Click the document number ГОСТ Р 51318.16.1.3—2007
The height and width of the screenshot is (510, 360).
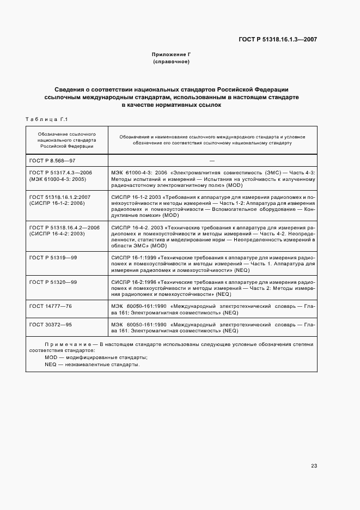coord(277,39)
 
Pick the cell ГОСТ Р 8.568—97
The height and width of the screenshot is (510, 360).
coord(52,161)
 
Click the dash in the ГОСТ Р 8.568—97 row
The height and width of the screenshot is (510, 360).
coord(212,161)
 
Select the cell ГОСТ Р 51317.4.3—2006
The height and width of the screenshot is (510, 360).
coord(60,172)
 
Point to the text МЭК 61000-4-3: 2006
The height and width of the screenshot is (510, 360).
coord(135,172)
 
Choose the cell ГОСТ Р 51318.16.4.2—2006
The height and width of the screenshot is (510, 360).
coord(64,226)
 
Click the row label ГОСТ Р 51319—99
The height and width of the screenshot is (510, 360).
coord(53,257)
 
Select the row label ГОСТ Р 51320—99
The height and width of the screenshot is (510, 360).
coord(53,281)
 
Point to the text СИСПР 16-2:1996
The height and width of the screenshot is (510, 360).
coord(134,281)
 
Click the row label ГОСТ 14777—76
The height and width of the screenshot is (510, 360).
coord(51,306)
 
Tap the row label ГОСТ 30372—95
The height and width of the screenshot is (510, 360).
coord(51,324)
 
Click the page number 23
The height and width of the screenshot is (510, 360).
coord(314,466)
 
